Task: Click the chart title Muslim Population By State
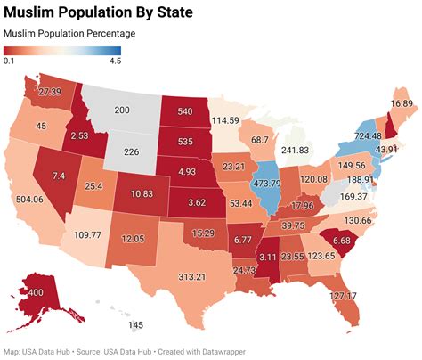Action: pyautogui.click(x=103, y=12)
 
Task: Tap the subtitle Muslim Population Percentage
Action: pyautogui.click(x=69, y=34)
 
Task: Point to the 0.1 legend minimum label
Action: pyautogui.click(x=8, y=61)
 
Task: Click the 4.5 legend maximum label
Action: pyautogui.click(x=115, y=61)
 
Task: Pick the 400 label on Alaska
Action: pyautogui.click(x=33, y=293)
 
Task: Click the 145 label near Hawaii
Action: pyautogui.click(x=135, y=325)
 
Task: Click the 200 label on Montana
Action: pyautogui.click(x=122, y=110)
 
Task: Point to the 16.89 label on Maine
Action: pyautogui.click(x=402, y=104)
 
